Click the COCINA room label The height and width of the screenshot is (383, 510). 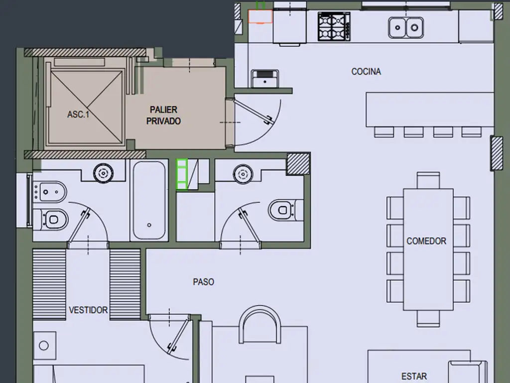click(x=366, y=71)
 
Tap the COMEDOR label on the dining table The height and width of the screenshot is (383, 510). click(x=426, y=241)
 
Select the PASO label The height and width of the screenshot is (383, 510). click(x=203, y=282)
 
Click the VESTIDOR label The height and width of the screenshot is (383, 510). click(x=88, y=310)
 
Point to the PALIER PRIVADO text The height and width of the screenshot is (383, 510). click(x=163, y=115)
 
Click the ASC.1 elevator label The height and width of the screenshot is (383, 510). click(x=78, y=114)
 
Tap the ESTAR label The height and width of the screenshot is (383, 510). click(x=414, y=377)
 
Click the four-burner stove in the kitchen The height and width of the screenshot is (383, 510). click(x=334, y=27)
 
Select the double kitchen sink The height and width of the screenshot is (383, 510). click(x=405, y=28)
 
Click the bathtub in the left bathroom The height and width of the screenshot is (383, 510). click(x=149, y=200)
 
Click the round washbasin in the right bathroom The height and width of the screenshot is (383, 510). click(x=243, y=174)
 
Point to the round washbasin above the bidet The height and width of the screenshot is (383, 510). click(x=104, y=173)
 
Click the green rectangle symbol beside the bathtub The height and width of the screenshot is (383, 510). click(x=182, y=174)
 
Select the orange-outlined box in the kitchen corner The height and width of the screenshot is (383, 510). click(x=260, y=16)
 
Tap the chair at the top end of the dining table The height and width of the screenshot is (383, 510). click(x=428, y=180)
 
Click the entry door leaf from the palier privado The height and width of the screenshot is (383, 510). click(x=254, y=112)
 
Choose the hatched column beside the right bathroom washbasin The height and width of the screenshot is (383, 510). click(x=298, y=164)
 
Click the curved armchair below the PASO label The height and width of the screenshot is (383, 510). click(x=260, y=324)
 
